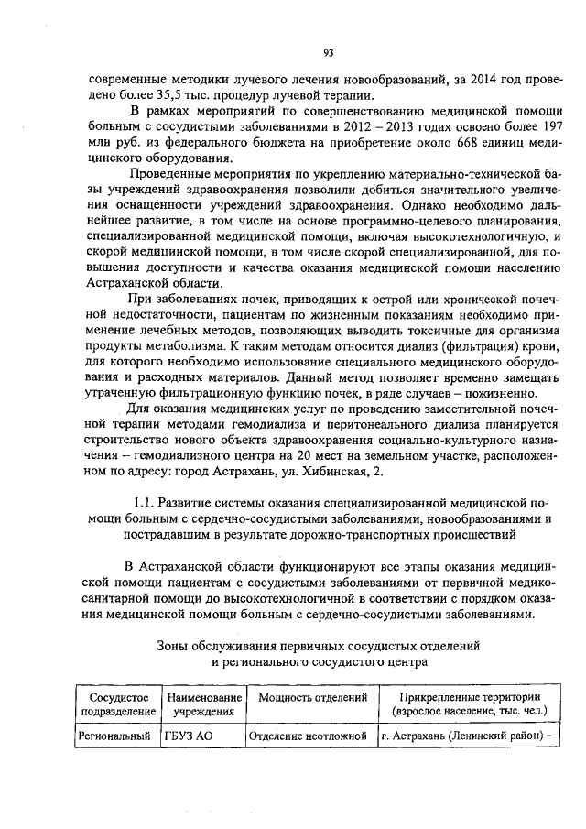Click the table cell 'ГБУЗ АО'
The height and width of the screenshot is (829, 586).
189,735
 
